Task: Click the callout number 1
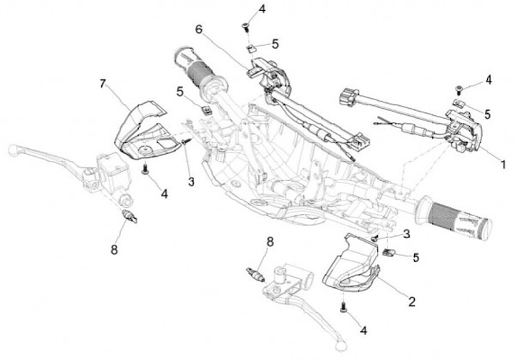click(x=503, y=164)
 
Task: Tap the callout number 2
click(x=412, y=301)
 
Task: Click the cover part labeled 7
click(x=143, y=129)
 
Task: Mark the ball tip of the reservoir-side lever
click(x=12, y=150)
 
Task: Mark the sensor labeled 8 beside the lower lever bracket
click(x=255, y=273)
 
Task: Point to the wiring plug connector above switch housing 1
click(x=347, y=96)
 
